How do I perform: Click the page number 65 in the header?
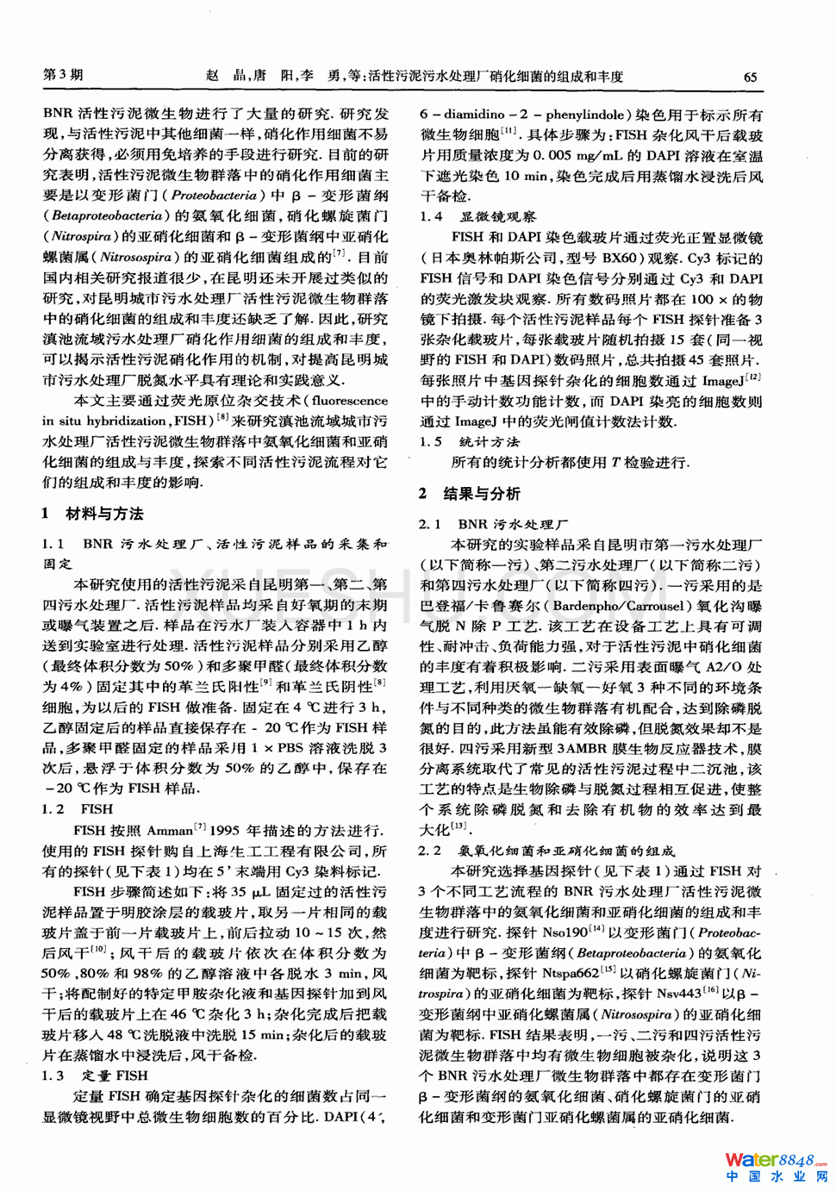[x=750, y=77]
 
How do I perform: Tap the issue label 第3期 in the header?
[x=63, y=75]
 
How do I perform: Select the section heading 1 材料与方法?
[x=93, y=514]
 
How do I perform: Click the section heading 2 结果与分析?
[x=470, y=493]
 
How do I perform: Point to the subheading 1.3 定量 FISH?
[x=96, y=1076]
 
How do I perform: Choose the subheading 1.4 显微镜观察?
[x=478, y=216]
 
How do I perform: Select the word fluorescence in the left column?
[x=349, y=400]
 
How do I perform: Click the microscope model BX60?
[x=619, y=258]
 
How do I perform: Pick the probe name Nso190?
[x=565, y=932]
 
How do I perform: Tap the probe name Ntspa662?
[x=571, y=973]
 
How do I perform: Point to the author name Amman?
[x=169, y=831]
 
